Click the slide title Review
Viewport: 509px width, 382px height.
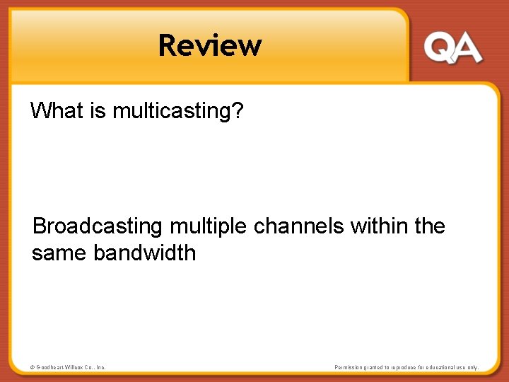click(x=210, y=45)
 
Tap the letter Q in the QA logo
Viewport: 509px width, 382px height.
click(x=439, y=48)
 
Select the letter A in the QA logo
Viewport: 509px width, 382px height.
click(x=467, y=49)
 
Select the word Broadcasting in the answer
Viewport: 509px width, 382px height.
click(x=98, y=226)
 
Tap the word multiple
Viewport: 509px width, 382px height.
click(x=209, y=227)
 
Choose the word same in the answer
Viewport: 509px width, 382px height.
click(x=59, y=253)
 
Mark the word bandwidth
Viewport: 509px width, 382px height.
click(x=144, y=253)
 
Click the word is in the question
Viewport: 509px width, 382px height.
click(x=98, y=110)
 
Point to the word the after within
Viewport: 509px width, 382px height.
click(x=430, y=226)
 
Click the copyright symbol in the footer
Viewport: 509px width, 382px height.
click(x=32, y=367)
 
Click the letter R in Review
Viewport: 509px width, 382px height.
click(x=168, y=45)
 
